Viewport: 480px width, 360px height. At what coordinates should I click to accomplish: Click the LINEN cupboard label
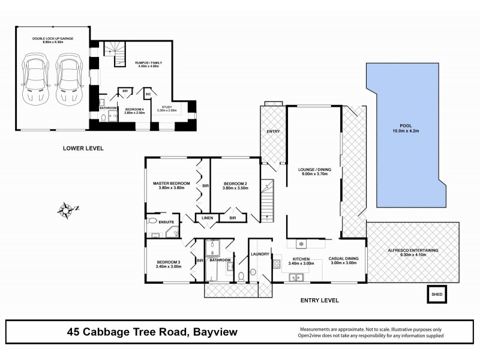click(208, 217)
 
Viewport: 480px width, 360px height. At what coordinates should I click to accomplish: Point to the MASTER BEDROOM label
click(171, 183)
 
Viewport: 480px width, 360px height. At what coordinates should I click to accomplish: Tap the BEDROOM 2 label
click(235, 184)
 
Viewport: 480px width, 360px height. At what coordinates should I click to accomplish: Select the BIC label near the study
click(148, 93)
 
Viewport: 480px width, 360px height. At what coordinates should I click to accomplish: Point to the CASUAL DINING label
click(344, 259)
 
